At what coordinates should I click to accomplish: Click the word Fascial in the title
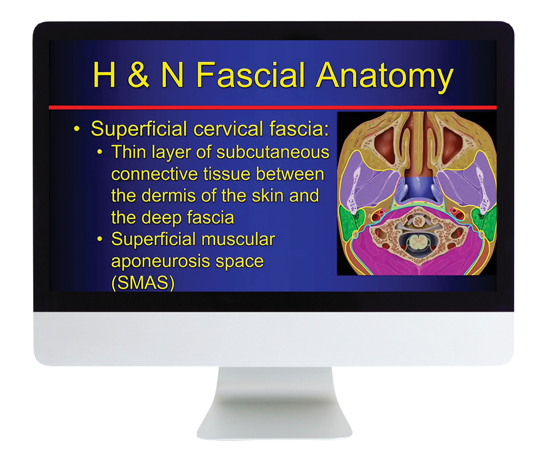pos(250,75)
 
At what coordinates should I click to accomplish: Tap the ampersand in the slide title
pos(138,75)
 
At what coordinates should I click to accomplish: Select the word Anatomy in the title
pos(385,77)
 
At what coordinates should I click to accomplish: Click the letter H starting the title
pos(104,75)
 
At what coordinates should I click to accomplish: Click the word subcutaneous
pos(273,152)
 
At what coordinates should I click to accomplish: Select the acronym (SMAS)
pos(143,283)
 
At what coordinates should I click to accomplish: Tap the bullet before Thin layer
pos(100,153)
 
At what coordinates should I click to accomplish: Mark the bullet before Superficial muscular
pos(100,239)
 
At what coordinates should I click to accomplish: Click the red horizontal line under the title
pos(273,108)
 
